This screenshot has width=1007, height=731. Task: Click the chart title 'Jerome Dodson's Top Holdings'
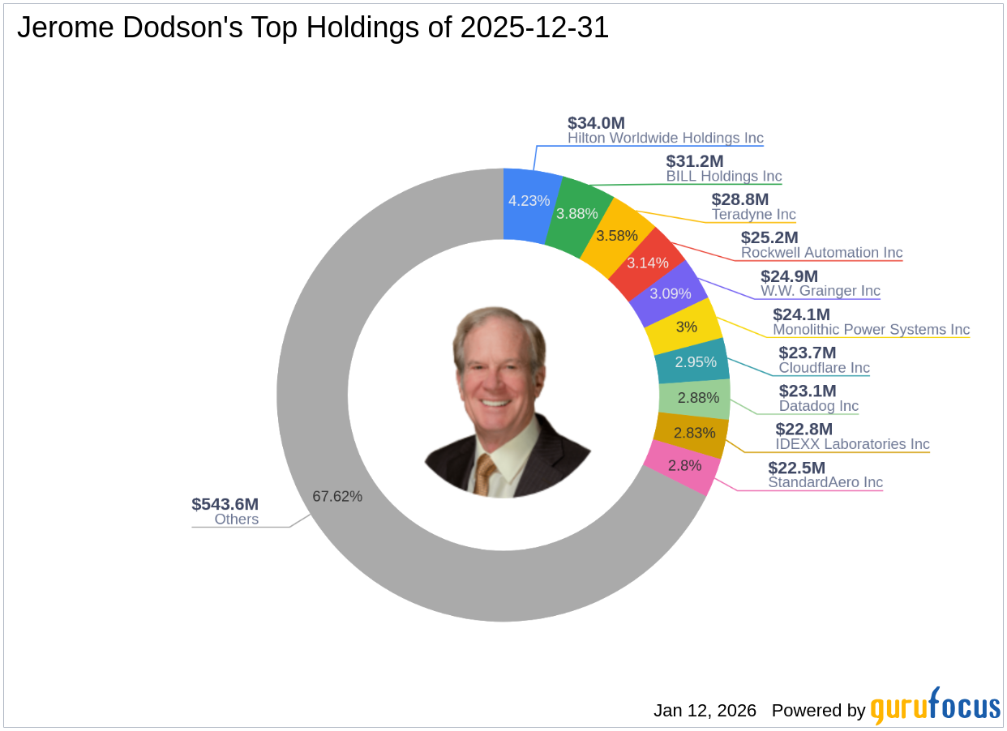[312, 28]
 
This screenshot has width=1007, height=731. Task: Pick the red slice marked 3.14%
[647, 262]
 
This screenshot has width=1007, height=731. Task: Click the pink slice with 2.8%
[683, 466]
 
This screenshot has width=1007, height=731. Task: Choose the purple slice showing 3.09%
[671, 293]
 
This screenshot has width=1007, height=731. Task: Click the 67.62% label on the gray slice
[337, 496]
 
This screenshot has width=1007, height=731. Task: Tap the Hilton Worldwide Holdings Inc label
[665, 138]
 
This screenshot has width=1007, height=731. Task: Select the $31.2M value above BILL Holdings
[695, 161]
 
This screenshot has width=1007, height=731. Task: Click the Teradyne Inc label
[753, 215]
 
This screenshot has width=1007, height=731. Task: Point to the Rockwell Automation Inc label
[821, 253]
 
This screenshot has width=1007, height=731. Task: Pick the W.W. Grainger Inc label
[820, 291]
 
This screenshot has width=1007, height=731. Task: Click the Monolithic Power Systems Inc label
[871, 329]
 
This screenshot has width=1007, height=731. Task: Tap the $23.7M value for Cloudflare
[807, 353]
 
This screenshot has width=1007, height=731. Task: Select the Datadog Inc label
[818, 406]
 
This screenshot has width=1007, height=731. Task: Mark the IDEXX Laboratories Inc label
[852, 444]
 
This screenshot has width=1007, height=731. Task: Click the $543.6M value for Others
[225, 504]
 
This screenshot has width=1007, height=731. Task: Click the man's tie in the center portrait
[486, 474]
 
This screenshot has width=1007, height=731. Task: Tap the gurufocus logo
[935, 707]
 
